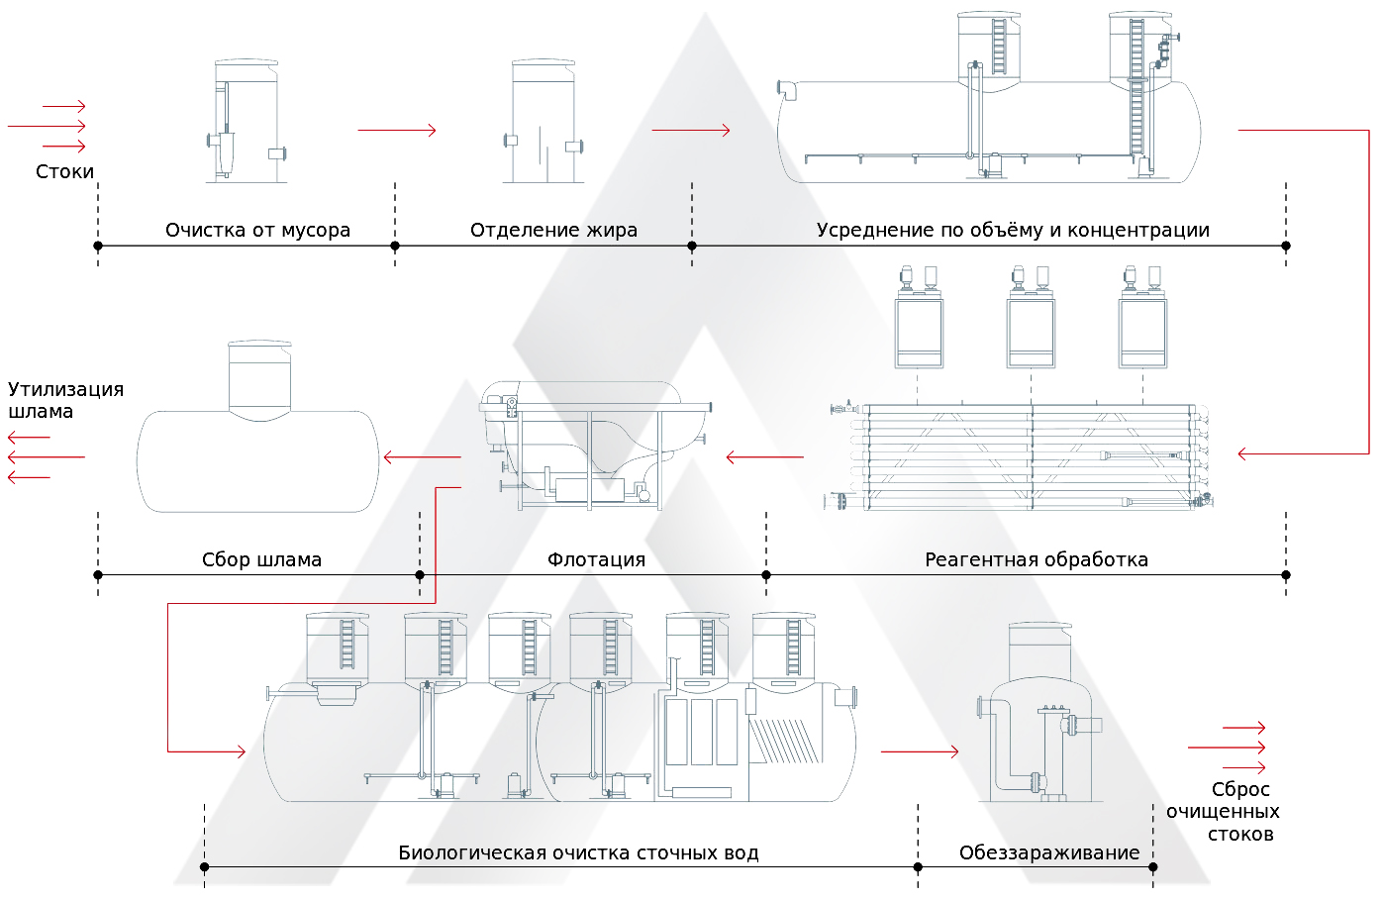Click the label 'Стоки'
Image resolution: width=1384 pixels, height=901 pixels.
coord(65,171)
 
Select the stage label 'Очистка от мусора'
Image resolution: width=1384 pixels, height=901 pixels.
coord(257,230)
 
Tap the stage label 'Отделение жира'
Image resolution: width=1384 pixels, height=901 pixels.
coord(553,230)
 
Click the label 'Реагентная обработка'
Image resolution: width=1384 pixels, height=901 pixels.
coord(1037,559)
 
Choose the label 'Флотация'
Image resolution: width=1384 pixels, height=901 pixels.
coord(596,559)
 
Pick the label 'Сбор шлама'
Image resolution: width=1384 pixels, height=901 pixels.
coord(261,559)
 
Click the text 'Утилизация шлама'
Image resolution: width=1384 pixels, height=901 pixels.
coord(65,400)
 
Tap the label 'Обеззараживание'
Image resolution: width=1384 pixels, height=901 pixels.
coord(1049,852)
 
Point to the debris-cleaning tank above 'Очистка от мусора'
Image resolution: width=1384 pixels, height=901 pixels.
coord(246,122)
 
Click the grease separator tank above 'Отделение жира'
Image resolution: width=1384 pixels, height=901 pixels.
coord(543,122)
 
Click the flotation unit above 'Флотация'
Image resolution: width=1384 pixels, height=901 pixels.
coord(594,446)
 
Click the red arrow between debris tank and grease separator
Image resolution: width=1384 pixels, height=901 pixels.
coord(397,130)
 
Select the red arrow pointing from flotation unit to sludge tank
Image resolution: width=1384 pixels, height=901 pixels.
coord(423,457)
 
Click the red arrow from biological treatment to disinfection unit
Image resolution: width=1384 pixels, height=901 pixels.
coord(920,751)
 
